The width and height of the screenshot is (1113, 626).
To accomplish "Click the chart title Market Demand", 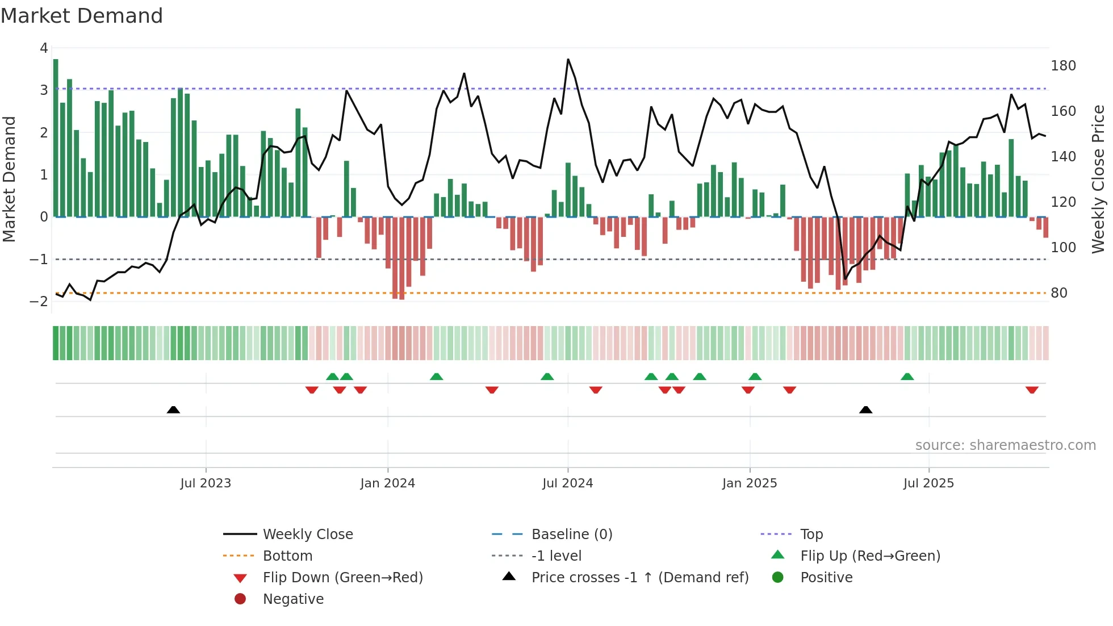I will coord(82,16).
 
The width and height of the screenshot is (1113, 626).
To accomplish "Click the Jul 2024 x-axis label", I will coord(567,483).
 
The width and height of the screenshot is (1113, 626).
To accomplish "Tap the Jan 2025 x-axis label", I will coord(749,483).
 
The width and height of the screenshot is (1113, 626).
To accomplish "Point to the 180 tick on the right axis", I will coord(1063,66).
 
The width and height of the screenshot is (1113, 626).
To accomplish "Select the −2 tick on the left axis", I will coord(39,302).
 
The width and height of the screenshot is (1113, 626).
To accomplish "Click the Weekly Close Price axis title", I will coord(1098,179).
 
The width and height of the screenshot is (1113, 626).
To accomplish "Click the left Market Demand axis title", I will coord(9,179).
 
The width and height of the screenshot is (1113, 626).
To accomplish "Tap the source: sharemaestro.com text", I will coord(1005,445).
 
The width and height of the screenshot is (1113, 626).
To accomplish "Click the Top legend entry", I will coord(811,535).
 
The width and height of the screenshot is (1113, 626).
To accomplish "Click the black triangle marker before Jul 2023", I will coord(173,410).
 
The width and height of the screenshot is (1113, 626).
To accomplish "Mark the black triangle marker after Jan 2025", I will coord(865,410).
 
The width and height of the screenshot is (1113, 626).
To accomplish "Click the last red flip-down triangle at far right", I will coord(1032,390).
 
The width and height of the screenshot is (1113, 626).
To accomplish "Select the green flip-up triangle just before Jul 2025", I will coord(907,377).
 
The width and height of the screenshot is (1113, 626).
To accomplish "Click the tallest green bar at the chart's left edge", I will coord(56,136).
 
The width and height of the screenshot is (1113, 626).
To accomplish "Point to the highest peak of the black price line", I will coord(568,60).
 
